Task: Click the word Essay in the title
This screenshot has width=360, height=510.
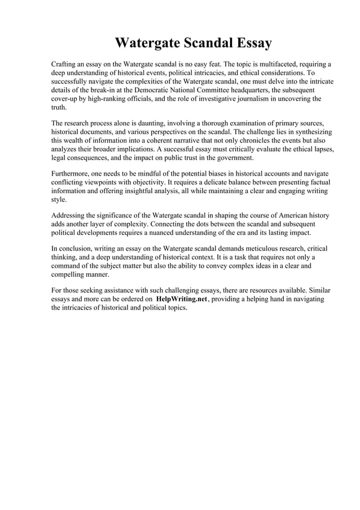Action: pos(248,43)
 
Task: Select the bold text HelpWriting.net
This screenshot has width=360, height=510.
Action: pos(182,299)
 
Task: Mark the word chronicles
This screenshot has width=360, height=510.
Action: pos(262,141)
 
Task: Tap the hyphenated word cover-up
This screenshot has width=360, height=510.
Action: pos(66,99)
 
